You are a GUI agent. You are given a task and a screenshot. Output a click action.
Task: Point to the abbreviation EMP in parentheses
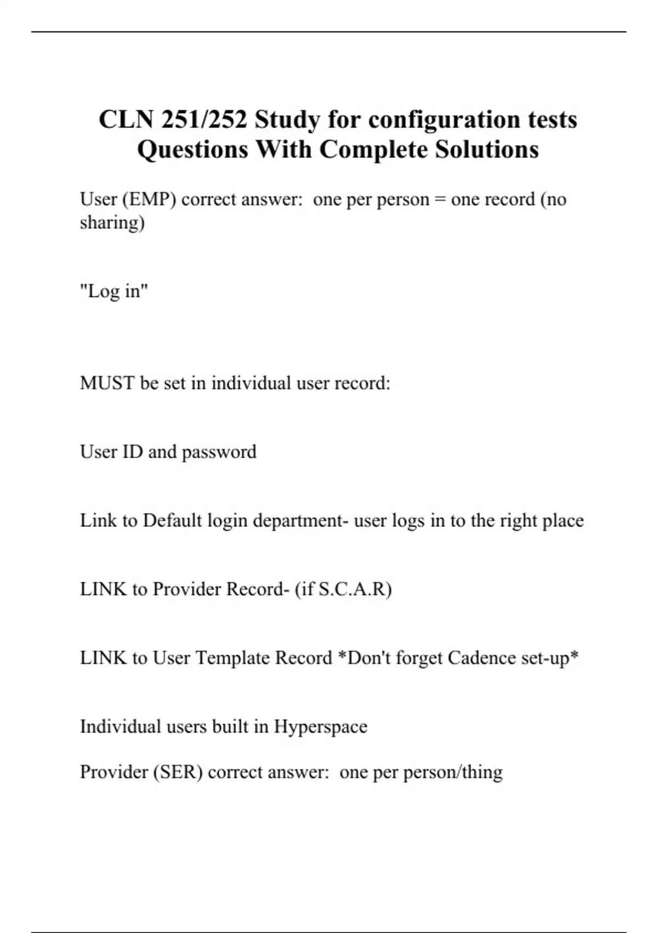(149, 199)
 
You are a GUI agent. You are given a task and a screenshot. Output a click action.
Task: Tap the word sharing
(112, 223)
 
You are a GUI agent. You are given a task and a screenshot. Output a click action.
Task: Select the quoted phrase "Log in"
(114, 291)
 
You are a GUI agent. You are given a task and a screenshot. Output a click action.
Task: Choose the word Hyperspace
(320, 727)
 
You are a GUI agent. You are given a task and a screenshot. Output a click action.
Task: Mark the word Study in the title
(287, 120)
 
